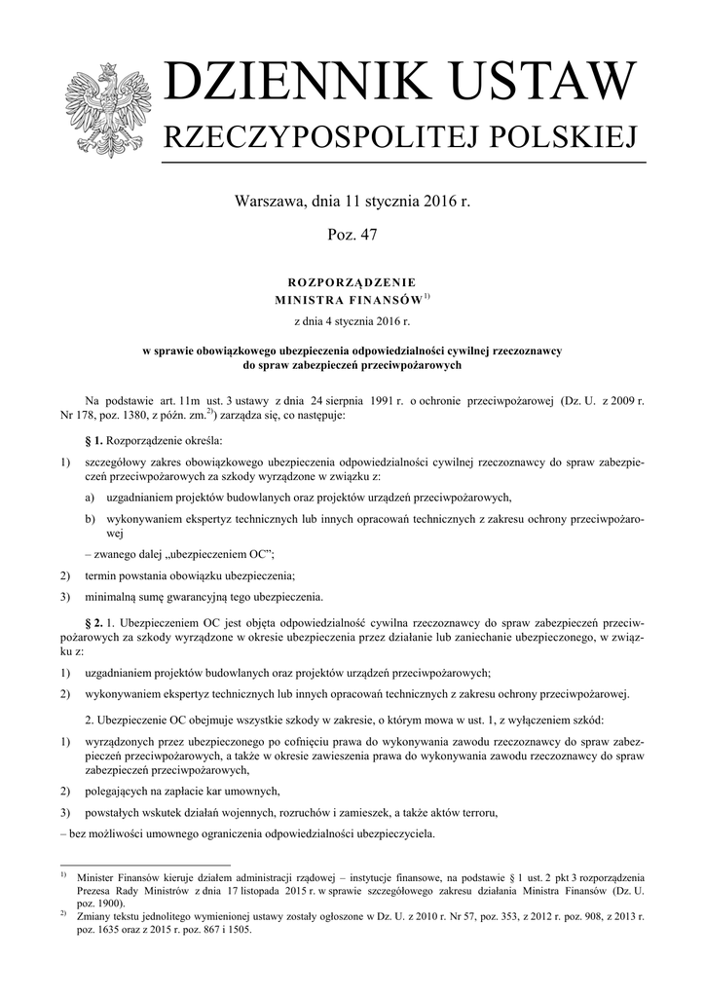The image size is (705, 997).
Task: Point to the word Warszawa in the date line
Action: click(270, 204)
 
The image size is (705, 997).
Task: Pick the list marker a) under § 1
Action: click(90, 497)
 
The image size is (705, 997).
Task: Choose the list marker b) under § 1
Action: click(90, 520)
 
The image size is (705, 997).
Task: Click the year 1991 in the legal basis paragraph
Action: click(391, 400)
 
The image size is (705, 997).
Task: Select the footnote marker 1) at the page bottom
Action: click(63, 874)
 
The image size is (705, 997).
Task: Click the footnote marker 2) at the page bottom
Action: click(63, 913)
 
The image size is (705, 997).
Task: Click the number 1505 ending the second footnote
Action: click(238, 930)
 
